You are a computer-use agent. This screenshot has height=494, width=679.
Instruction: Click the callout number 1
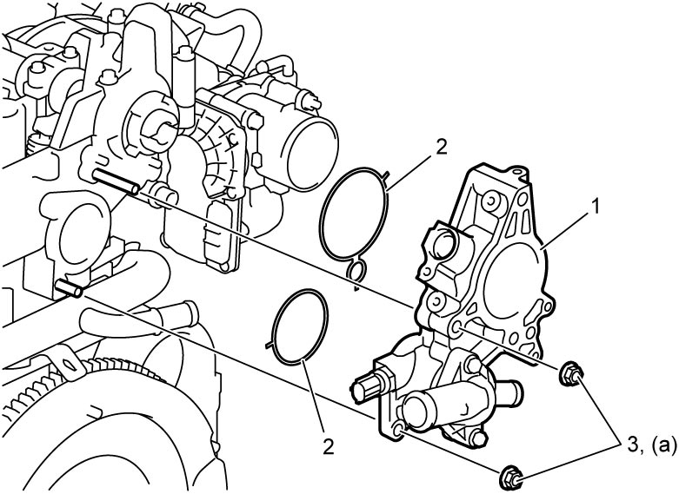596,207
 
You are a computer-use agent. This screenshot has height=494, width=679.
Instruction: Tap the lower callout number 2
329,446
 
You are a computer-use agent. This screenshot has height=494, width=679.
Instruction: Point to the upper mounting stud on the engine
115,181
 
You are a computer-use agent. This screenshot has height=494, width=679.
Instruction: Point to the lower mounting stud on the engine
69,288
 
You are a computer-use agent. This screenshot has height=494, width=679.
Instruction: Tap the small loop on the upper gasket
356,270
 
